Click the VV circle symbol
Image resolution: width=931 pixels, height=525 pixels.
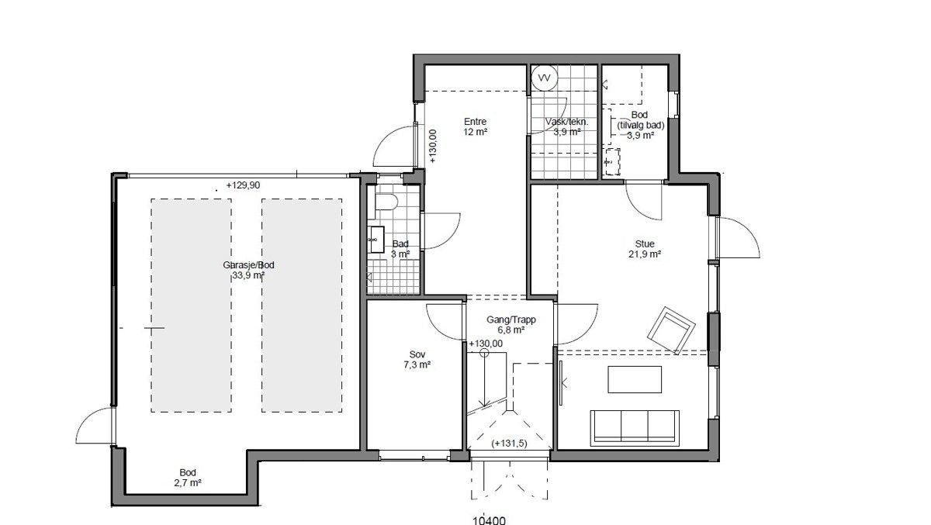pyautogui.click(x=545, y=78)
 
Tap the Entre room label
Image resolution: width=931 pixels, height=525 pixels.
pyautogui.click(x=475, y=126)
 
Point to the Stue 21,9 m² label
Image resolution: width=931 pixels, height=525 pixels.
pyautogui.click(x=644, y=249)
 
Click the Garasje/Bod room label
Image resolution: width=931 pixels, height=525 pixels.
pyautogui.click(x=248, y=269)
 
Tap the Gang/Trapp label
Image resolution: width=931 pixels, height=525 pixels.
pyautogui.click(x=511, y=324)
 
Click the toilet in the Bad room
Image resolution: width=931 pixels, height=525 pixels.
pyautogui.click(x=386, y=202)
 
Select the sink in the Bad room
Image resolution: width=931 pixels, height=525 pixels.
pyautogui.click(x=377, y=239)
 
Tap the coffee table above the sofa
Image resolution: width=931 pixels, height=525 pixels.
pyautogui.click(x=635, y=380)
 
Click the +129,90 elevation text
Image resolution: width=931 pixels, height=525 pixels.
pyautogui.click(x=244, y=186)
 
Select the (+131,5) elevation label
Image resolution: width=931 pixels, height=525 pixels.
pyautogui.click(x=509, y=444)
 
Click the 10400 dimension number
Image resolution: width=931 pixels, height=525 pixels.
pyautogui.click(x=490, y=520)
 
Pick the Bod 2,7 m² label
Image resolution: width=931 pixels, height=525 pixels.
pyautogui.click(x=188, y=477)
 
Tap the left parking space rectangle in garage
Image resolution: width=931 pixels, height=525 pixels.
pyautogui.click(x=190, y=305)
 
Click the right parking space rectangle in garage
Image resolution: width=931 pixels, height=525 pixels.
pyautogui.click(x=302, y=305)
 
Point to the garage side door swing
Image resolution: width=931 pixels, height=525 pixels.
pyautogui.click(x=95, y=427)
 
